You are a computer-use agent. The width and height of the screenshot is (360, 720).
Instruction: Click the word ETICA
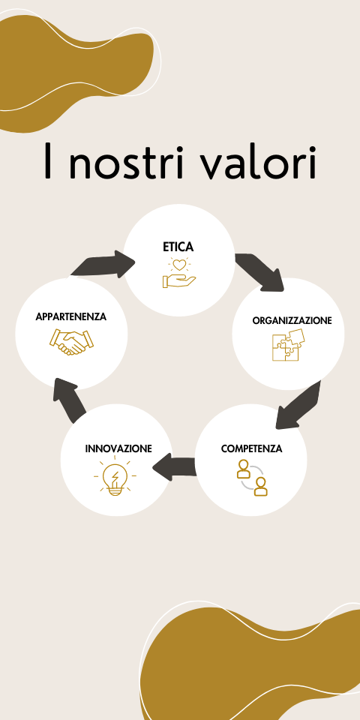pos(178,247)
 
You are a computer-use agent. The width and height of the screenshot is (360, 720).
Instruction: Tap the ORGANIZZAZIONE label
pos(292,320)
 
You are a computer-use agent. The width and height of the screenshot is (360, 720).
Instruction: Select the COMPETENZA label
pos(252,448)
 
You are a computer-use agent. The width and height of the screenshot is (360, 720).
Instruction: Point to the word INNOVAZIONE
pos(118,448)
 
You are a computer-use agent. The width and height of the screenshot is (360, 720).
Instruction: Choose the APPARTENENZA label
pos(71,316)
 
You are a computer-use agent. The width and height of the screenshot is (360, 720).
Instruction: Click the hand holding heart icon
pos(179,273)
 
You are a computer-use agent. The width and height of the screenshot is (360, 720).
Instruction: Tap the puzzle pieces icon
pos(288,345)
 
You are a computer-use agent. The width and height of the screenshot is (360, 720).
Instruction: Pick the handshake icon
pos(71,342)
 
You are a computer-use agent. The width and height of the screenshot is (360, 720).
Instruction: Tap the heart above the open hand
pos(179,265)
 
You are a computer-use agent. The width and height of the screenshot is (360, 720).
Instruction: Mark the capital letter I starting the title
pos(47,160)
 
